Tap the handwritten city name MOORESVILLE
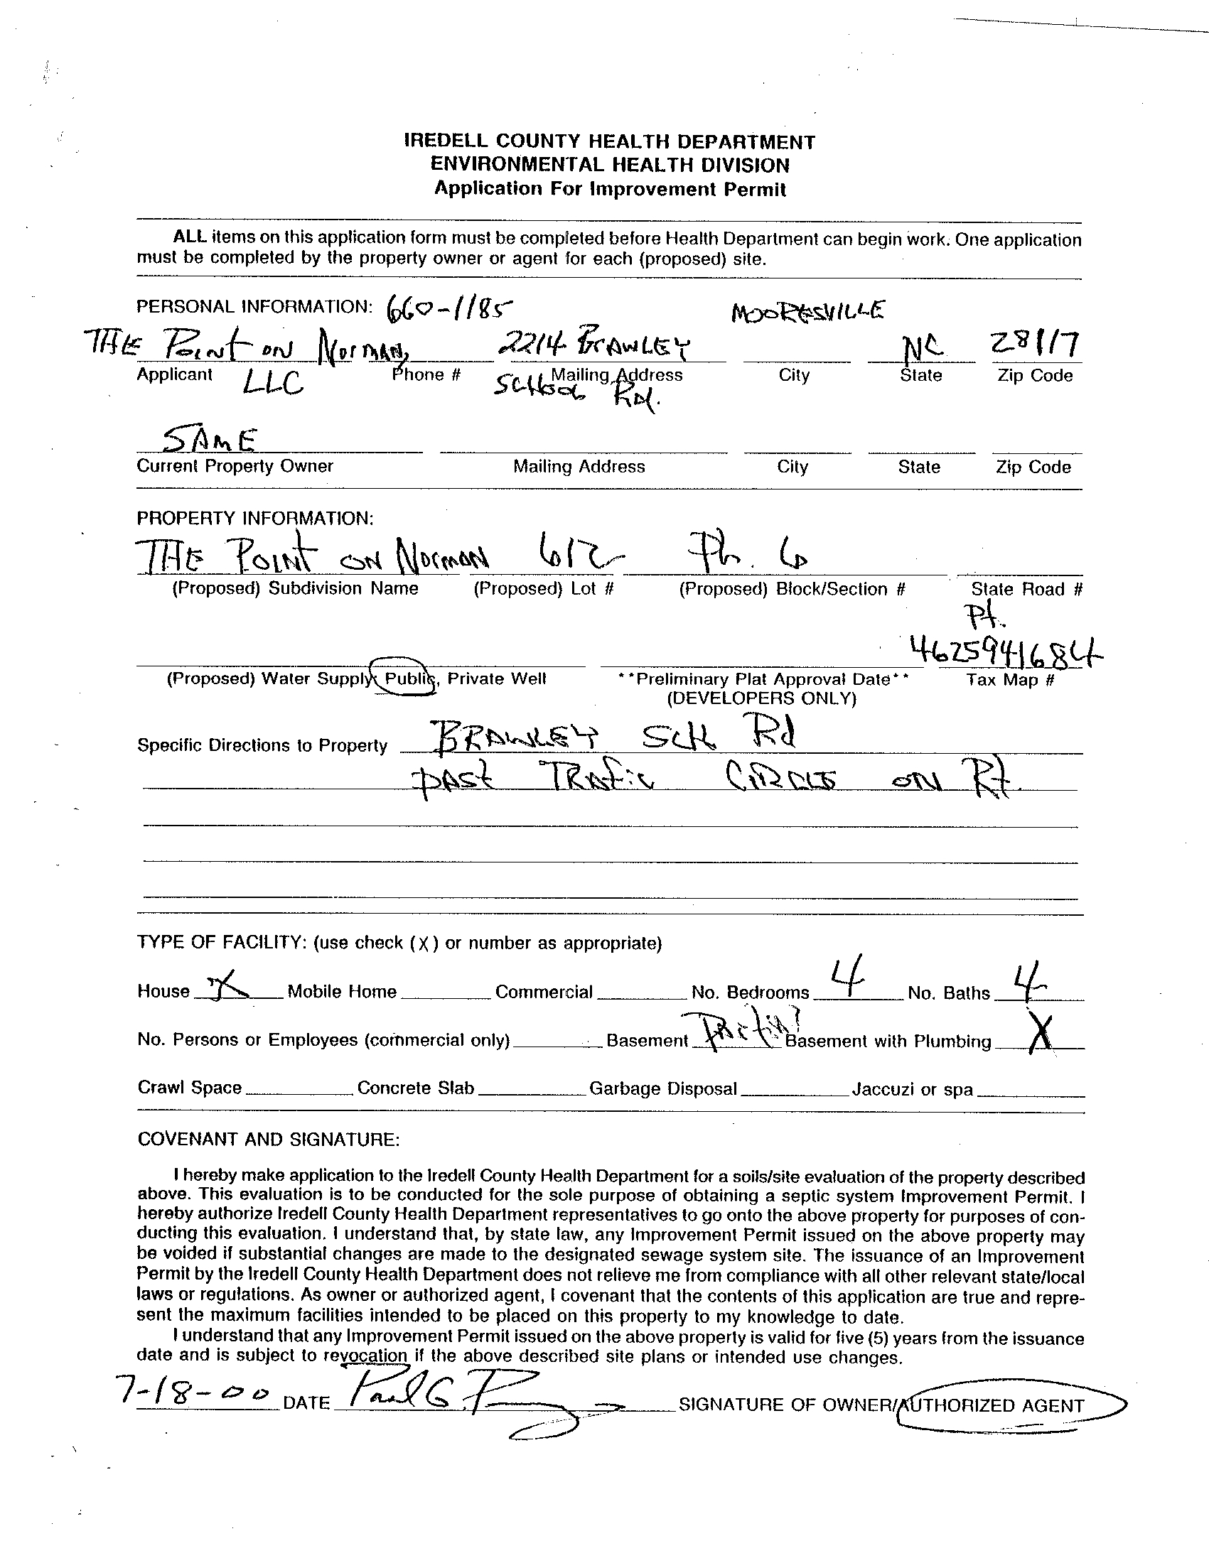(807, 312)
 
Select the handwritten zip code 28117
(1034, 347)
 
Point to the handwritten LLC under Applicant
(272, 385)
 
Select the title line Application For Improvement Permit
(611, 189)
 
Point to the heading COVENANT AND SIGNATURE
(269, 1139)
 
